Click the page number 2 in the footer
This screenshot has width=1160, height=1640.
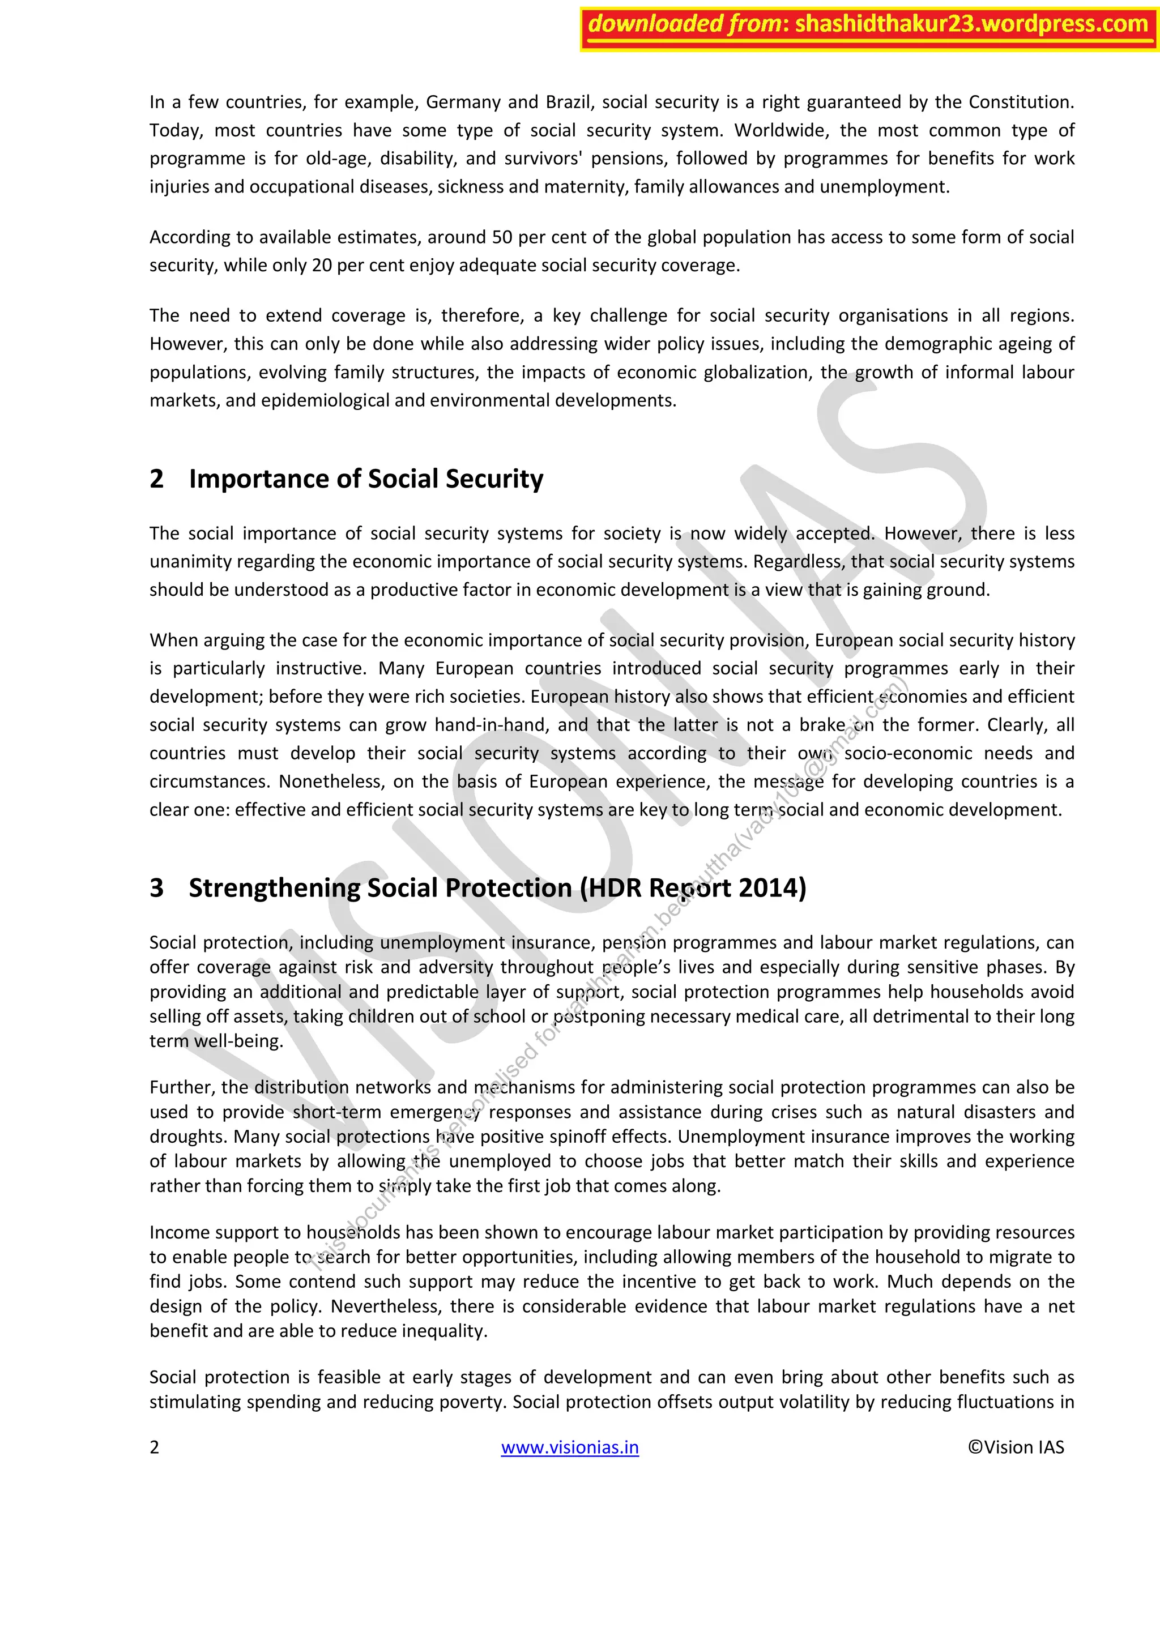(154, 1447)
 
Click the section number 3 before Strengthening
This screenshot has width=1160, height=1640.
(156, 888)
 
